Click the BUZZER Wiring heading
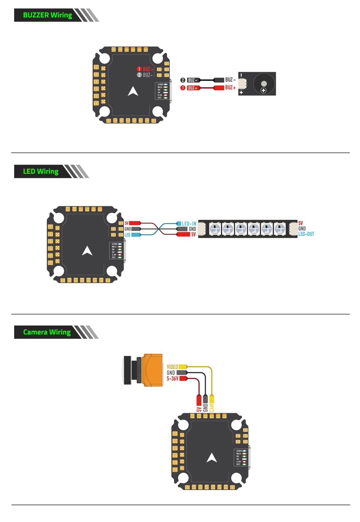[x=47, y=15]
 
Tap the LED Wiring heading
[x=41, y=171]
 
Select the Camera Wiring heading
[x=47, y=332]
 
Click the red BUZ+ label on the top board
[x=148, y=69]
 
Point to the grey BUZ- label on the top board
[x=148, y=75]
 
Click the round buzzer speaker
[x=264, y=84]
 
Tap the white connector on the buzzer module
[x=242, y=84]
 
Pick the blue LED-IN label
[x=189, y=224]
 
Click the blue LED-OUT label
[x=306, y=234]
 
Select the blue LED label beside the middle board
[x=127, y=235]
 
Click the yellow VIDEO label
[x=172, y=367]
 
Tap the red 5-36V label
[x=172, y=378]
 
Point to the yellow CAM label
[x=212, y=408]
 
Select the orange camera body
[x=153, y=370]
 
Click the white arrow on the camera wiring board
[x=212, y=457]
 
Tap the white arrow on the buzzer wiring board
[x=133, y=91]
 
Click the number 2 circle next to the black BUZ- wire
[x=183, y=80]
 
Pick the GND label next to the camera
[x=171, y=373]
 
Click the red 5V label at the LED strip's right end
[x=301, y=223]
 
